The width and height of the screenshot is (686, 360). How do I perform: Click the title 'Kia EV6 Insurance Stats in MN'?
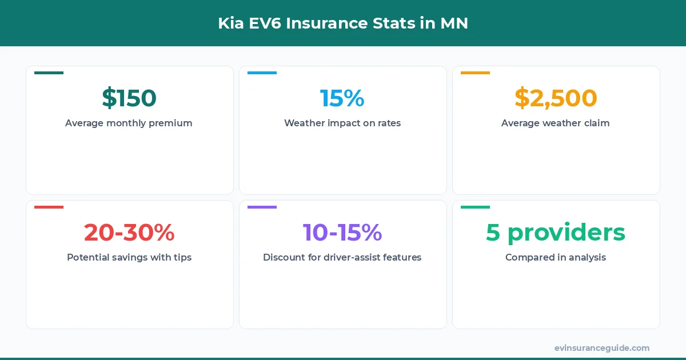pos(343,23)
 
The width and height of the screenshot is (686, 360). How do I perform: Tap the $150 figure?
pos(129,98)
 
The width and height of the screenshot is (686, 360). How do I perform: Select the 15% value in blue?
pos(342,98)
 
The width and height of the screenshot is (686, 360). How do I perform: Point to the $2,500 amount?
pos(556,98)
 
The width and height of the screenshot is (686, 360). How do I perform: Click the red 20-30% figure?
pos(129,232)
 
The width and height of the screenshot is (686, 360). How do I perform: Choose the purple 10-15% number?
pos(342,232)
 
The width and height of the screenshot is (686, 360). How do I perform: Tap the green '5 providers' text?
pos(556,232)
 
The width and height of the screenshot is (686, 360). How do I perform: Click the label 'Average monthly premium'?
pos(129,123)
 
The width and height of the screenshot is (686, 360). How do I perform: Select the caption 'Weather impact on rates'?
pos(342,123)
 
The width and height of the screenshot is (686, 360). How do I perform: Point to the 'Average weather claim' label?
pos(556,123)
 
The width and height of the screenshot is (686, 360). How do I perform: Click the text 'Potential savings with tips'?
pos(129,257)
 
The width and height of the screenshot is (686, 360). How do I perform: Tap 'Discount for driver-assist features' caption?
pos(342,257)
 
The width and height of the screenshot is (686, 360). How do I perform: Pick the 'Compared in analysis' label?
pos(556,257)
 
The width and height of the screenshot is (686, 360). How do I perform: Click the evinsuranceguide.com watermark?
pos(602,347)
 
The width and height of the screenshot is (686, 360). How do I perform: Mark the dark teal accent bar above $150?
pos(49,73)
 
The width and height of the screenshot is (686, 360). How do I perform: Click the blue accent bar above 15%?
pos(262,73)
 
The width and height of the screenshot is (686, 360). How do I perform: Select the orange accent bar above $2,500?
pos(476,73)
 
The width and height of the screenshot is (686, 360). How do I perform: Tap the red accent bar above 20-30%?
pos(49,207)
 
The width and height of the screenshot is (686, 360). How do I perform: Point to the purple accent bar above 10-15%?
pos(262,207)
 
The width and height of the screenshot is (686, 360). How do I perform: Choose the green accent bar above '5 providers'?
pos(476,207)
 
